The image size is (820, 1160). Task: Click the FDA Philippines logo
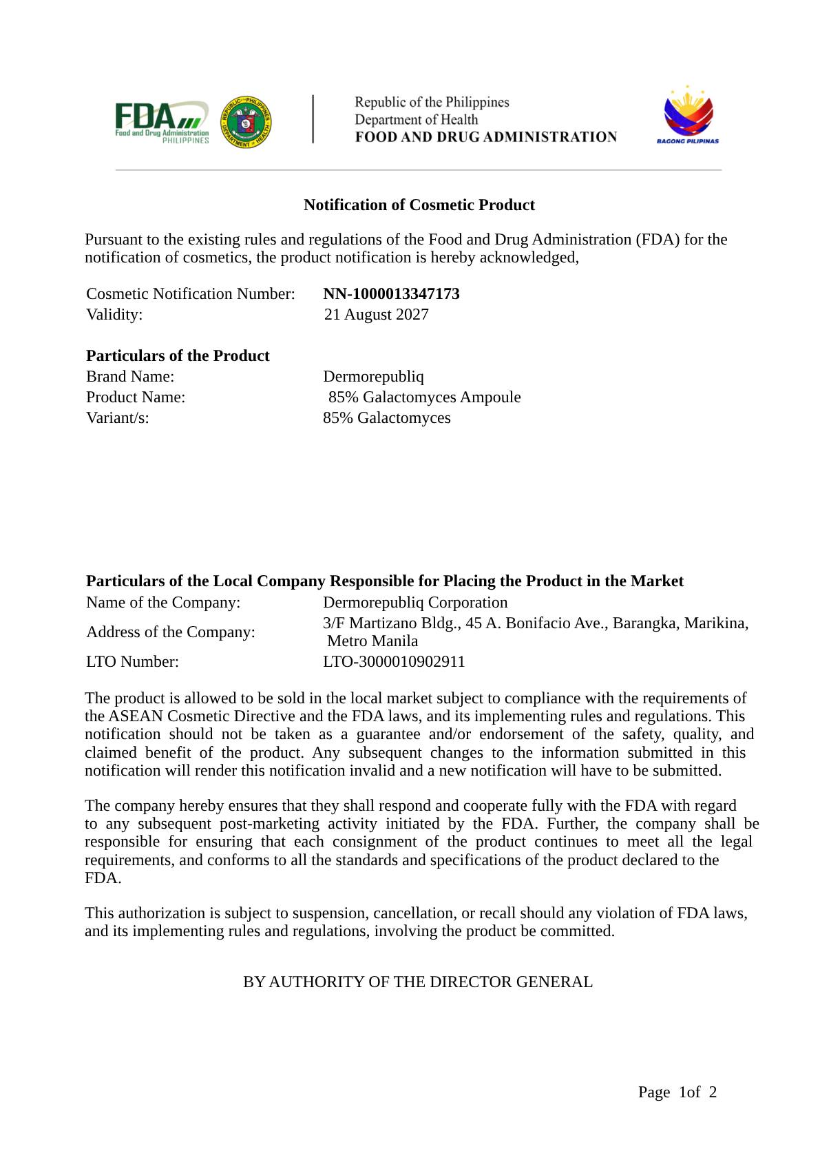tap(162, 122)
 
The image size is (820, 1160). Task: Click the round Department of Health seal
tap(246, 121)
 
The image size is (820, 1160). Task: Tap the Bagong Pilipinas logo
tap(687, 115)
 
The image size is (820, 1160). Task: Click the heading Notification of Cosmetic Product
tap(419, 205)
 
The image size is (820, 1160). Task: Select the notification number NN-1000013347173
tap(391, 293)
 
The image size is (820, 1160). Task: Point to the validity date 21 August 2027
tap(376, 314)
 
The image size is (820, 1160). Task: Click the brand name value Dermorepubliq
tap(373, 376)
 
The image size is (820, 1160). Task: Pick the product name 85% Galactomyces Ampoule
tap(424, 397)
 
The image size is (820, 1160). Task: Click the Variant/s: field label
tap(117, 417)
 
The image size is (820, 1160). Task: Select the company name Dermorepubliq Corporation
tap(415, 602)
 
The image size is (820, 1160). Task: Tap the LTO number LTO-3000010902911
tap(394, 661)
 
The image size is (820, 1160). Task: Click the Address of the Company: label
tap(170, 632)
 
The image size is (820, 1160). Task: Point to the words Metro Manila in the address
tap(372, 641)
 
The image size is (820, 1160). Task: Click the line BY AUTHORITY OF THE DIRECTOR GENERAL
tap(417, 982)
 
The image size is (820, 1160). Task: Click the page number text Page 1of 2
tap(677, 1092)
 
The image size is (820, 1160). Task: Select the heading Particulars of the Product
tap(178, 355)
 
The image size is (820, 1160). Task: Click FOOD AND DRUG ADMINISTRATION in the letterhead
tap(485, 137)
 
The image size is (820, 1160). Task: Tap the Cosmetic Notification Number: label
tap(190, 293)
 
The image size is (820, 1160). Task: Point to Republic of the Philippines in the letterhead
tap(432, 102)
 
